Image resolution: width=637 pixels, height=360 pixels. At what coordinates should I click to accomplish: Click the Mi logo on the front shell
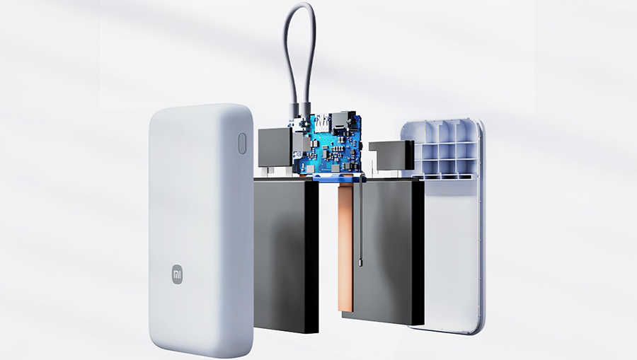pyautogui.click(x=177, y=274)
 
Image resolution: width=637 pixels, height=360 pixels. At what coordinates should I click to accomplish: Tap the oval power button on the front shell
pyautogui.click(x=242, y=144)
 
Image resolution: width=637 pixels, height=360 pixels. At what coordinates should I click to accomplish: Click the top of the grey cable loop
pyautogui.click(x=300, y=5)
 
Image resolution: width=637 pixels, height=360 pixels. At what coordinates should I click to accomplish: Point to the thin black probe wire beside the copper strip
pyautogui.click(x=360, y=221)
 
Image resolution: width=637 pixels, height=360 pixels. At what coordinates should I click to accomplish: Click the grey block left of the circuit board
pyautogui.click(x=275, y=148)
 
